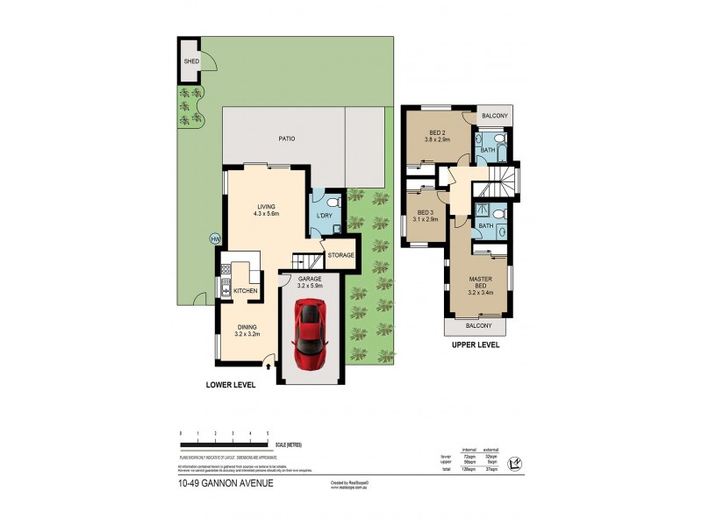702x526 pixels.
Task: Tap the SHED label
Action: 190,61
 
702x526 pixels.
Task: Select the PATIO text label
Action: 286,139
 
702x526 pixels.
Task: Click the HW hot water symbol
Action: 213,238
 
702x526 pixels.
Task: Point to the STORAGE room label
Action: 340,255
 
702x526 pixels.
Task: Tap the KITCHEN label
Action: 245,290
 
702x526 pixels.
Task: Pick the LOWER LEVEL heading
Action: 231,384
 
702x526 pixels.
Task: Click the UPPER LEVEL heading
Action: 476,345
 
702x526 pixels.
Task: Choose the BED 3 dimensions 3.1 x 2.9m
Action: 426,219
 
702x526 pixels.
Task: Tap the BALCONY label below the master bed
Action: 478,326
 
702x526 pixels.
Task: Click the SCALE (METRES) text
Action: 289,444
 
